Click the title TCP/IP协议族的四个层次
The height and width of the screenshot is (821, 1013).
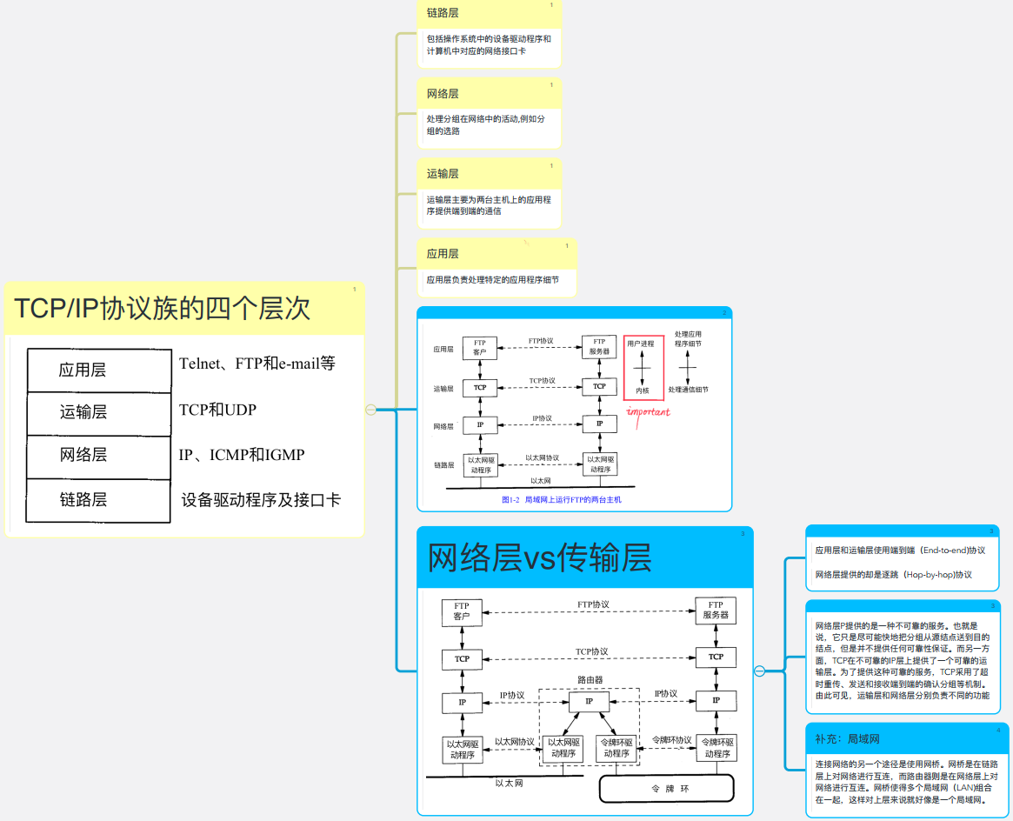pyautogui.click(x=162, y=309)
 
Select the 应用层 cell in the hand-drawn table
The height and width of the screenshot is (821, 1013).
pyautogui.click(x=83, y=370)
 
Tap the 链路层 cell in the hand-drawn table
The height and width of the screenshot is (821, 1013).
pyautogui.click(x=83, y=500)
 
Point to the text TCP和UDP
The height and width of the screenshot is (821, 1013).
pyautogui.click(x=217, y=410)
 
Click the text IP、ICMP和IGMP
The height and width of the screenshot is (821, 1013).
pyautogui.click(x=241, y=455)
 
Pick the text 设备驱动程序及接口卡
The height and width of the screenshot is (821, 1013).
pyautogui.click(x=261, y=500)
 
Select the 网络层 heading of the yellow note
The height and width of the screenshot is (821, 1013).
pyautogui.click(x=443, y=94)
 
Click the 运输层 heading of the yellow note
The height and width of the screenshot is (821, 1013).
pyautogui.click(x=443, y=174)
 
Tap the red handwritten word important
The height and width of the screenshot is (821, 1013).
pyautogui.click(x=648, y=411)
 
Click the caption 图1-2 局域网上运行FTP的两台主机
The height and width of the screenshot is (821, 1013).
pyautogui.click(x=562, y=500)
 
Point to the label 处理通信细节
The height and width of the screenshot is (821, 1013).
pyautogui.click(x=688, y=390)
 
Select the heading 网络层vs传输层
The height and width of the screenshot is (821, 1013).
pyautogui.click(x=540, y=557)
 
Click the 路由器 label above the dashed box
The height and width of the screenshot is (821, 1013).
pyautogui.click(x=590, y=679)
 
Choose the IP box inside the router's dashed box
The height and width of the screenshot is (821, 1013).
pyautogui.click(x=589, y=701)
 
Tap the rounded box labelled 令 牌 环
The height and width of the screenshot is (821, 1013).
pyautogui.click(x=667, y=788)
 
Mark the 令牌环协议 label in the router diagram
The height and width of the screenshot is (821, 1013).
pyautogui.click(x=671, y=740)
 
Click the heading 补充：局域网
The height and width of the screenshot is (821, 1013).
pyautogui.click(x=847, y=739)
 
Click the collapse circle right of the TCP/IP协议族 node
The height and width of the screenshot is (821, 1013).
pyautogui.click(x=370, y=410)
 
